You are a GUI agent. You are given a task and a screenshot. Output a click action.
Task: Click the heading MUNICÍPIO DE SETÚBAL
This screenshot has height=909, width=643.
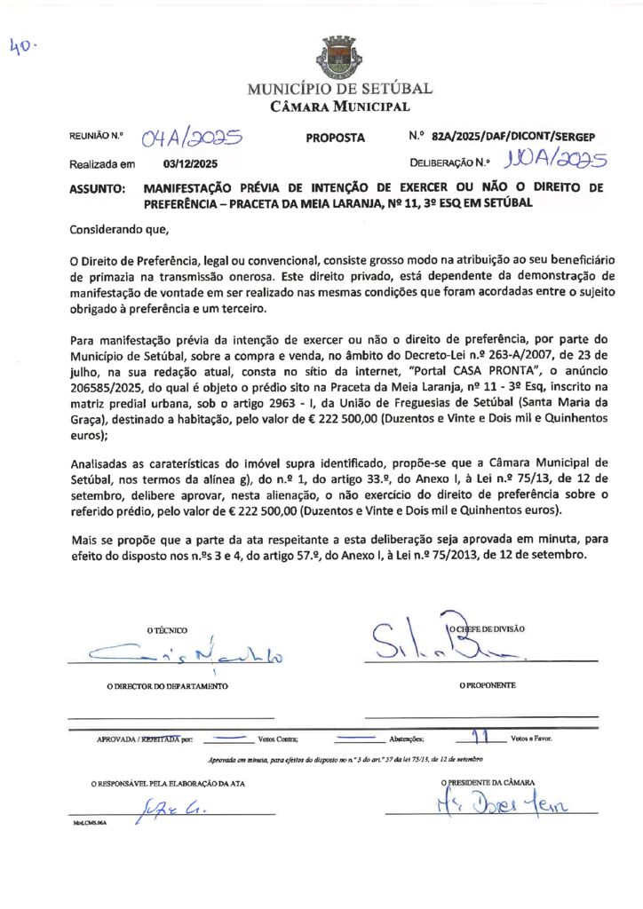click(339, 89)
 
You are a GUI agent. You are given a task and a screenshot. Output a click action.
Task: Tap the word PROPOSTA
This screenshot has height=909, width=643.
click(335, 138)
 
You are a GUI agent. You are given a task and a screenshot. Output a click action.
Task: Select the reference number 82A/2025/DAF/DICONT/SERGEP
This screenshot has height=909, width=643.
click(512, 137)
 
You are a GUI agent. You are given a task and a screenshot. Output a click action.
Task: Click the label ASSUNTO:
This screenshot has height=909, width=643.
click(97, 189)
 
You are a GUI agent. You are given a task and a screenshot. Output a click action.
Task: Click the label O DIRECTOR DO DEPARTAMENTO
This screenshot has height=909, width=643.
click(167, 686)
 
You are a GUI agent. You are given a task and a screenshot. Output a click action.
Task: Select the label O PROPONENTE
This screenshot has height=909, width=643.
click(487, 685)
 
